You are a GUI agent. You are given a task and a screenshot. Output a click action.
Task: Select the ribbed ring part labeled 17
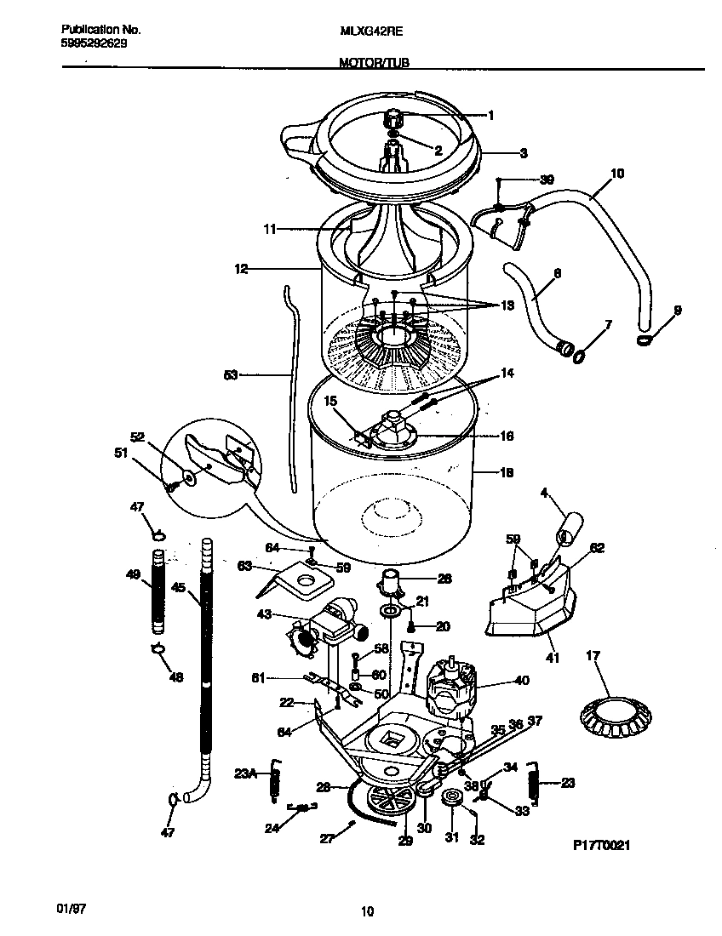pos(610,713)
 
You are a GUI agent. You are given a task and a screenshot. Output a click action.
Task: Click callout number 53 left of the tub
pos(231,374)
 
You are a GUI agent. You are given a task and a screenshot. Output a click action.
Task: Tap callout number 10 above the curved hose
pos(617,174)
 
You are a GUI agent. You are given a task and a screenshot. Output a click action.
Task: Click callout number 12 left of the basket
pos(241,269)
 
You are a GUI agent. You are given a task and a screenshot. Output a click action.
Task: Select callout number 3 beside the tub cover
pos(524,153)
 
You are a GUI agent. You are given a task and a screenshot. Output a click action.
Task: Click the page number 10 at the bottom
pos(367,912)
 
